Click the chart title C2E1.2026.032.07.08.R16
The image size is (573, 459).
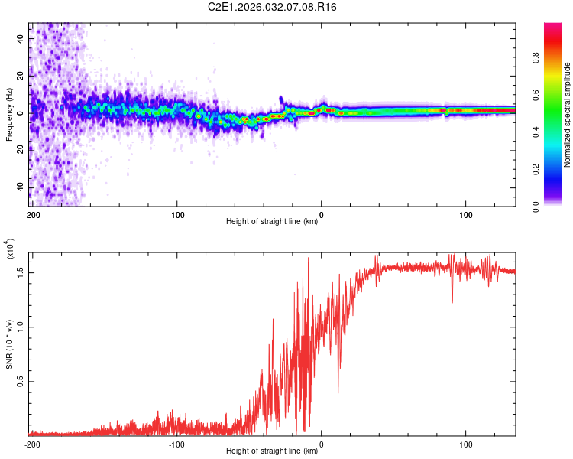[272, 7]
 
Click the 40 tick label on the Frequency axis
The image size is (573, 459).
[20, 39]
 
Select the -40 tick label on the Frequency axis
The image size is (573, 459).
[20, 187]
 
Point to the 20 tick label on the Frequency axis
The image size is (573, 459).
[20, 76]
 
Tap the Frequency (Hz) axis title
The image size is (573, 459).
[9, 115]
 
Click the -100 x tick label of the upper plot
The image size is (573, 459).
[176, 215]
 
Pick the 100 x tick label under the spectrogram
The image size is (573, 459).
[465, 215]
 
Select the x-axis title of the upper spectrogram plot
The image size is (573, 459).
[272, 221]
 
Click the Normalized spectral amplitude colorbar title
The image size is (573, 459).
[567, 115]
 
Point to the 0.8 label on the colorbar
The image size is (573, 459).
[536, 58]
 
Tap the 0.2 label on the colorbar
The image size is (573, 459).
[536, 170]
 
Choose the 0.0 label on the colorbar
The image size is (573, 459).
[536, 207]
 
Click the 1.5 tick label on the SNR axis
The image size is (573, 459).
[20, 272]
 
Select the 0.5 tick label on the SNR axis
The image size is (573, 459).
[20, 382]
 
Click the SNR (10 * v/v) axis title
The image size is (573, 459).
[9, 344]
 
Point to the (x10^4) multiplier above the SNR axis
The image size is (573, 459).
[10, 249]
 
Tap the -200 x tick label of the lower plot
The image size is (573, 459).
[32, 444]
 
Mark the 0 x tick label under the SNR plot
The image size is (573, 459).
[321, 444]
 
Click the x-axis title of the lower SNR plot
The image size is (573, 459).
[272, 451]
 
